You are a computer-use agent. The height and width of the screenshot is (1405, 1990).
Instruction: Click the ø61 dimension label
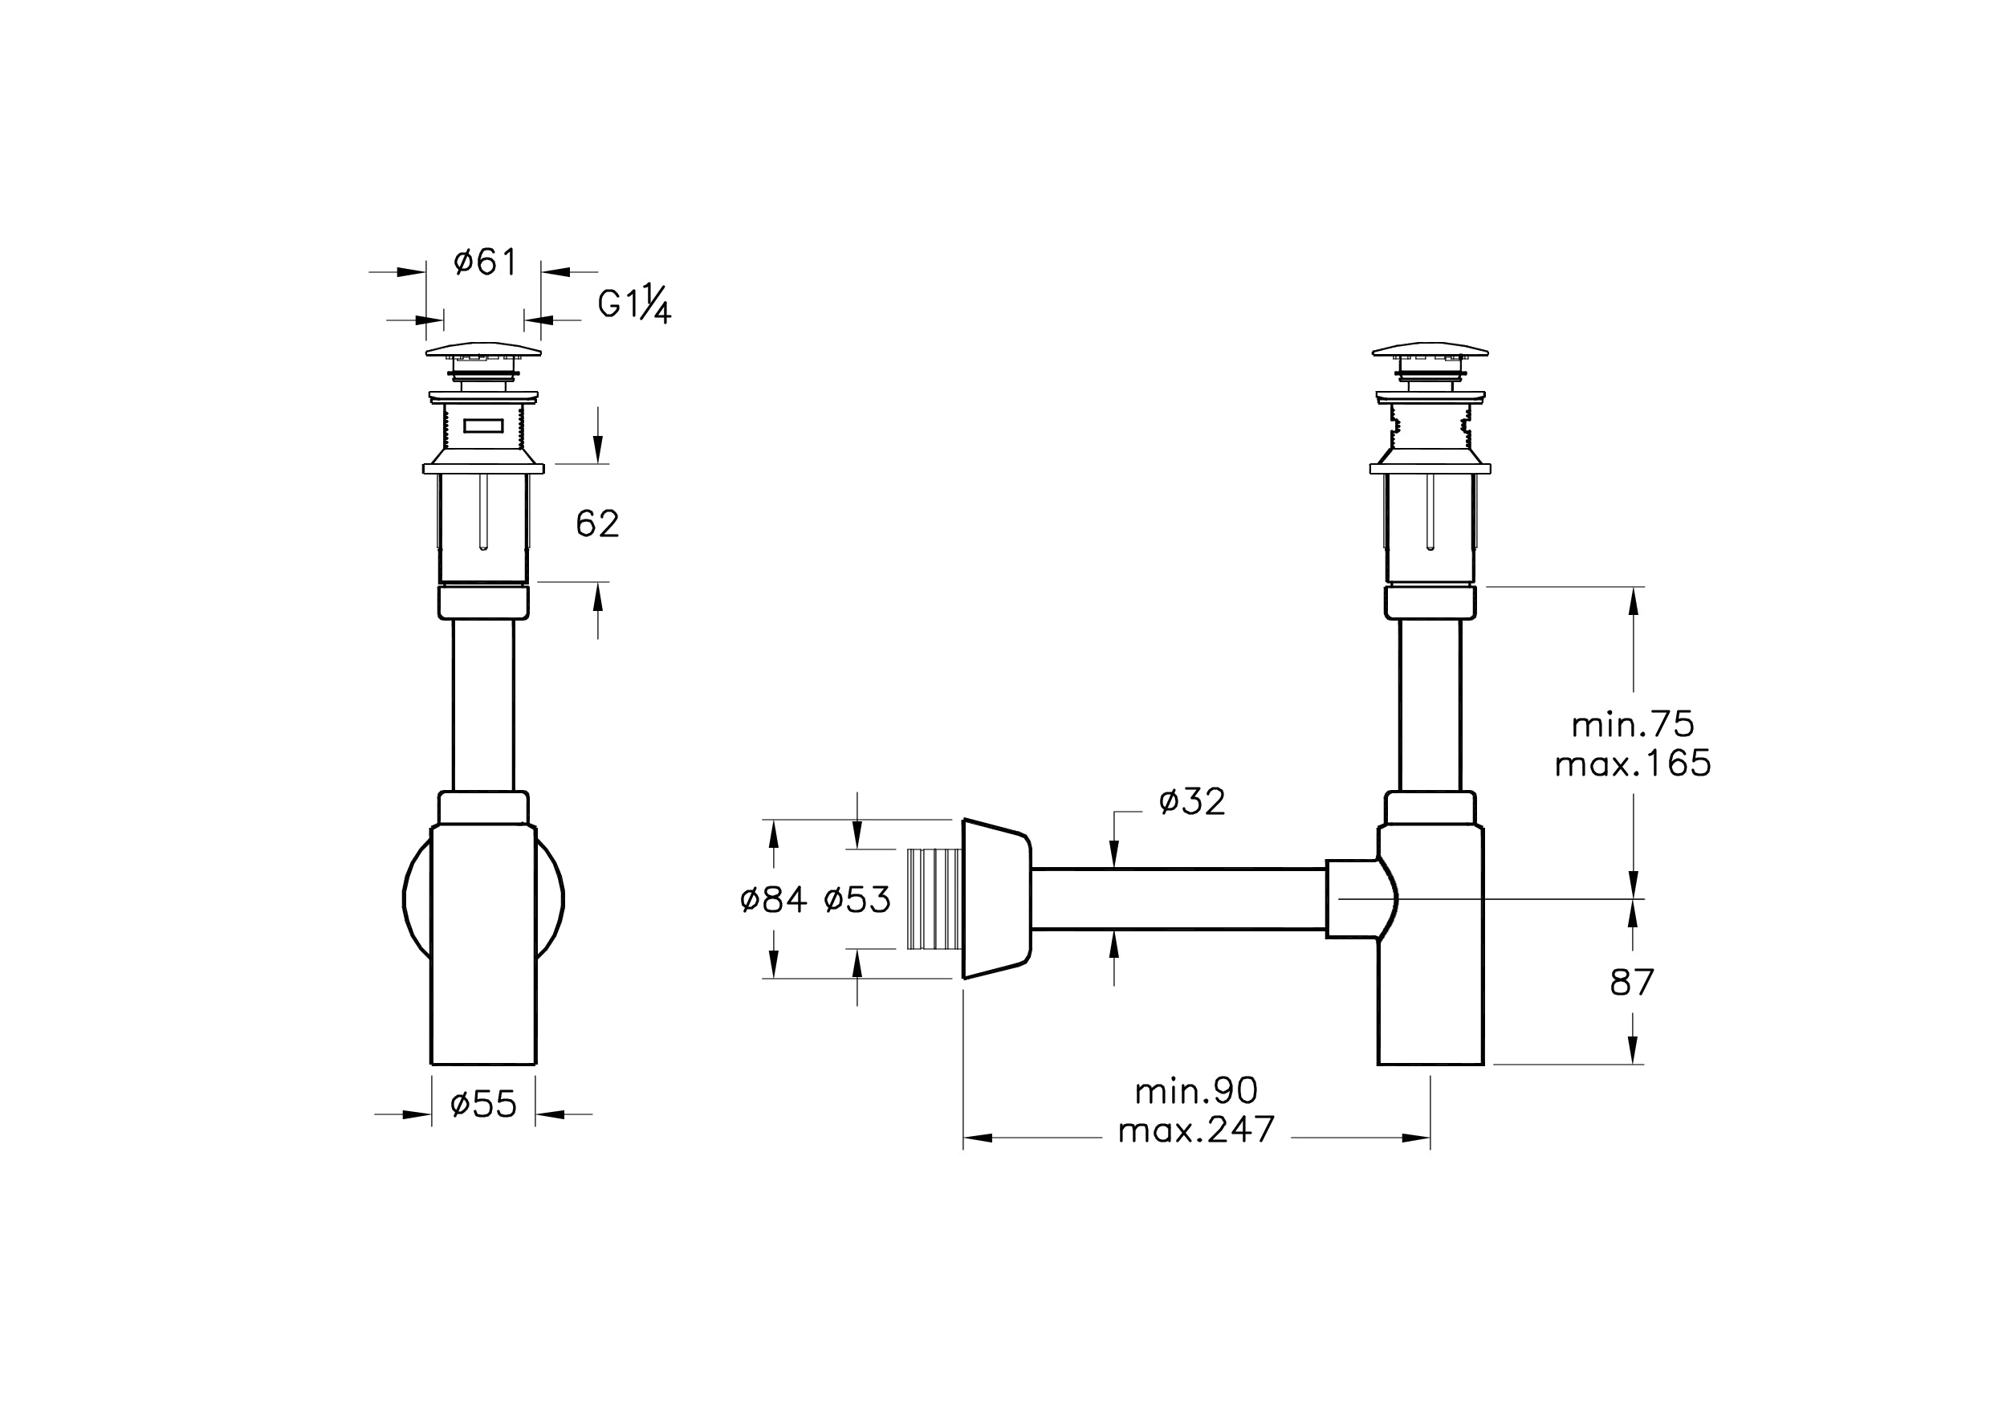(x=485, y=262)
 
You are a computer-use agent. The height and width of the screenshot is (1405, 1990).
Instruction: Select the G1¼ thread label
(x=634, y=305)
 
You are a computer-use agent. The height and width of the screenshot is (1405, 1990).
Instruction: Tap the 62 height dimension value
(x=597, y=523)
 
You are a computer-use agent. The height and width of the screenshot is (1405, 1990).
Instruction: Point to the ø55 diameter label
(x=483, y=1104)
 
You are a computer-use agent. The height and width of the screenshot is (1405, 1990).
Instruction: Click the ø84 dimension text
(x=774, y=900)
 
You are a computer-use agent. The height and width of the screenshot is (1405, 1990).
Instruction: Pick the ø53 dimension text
(x=857, y=900)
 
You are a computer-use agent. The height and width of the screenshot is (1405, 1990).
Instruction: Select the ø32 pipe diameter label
(x=1193, y=802)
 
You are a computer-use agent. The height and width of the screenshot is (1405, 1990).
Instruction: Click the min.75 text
(x=1633, y=723)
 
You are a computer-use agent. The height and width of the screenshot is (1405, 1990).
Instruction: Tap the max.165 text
(x=1633, y=764)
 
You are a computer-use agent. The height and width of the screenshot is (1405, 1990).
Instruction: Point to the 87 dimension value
(x=1632, y=983)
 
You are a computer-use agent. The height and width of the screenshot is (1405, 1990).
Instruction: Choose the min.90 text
(x=1196, y=1090)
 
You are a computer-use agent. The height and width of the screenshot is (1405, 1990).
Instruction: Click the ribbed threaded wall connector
(x=934, y=899)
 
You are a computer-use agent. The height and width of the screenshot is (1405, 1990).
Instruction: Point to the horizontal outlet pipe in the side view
(x=1178, y=899)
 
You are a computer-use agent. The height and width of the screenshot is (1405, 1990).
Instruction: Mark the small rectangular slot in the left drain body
(x=483, y=426)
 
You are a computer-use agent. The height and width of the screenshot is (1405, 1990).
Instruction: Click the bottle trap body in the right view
(x=1430, y=945)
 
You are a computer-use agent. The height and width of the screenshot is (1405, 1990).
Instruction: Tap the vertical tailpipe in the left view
(x=483, y=705)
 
